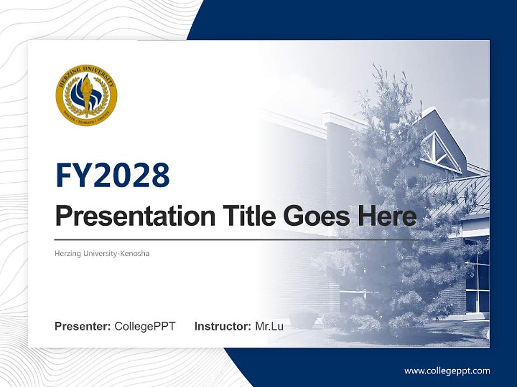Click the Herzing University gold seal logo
pyautogui.click(x=86, y=96)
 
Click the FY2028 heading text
pyautogui.click(x=113, y=176)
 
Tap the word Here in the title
pyautogui.click(x=385, y=216)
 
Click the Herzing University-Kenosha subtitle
pyautogui.click(x=102, y=253)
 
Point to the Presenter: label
pyautogui.click(x=82, y=326)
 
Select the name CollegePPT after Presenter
pyautogui.click(x=145, y=326)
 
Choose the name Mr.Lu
pyautogui.click(x=269, y=326)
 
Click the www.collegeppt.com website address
pyautogui.click(x=447, y=371)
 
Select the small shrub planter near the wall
pyautogui.click(x=302, y=318)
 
